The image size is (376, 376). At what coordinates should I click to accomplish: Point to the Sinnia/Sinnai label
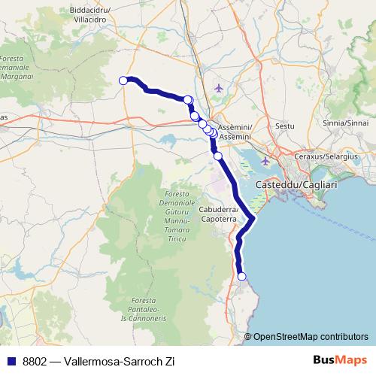pos(345,122)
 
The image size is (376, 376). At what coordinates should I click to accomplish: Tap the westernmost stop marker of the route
pos(123,80)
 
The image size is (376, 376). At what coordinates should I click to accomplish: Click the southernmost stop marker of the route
pos(241,277)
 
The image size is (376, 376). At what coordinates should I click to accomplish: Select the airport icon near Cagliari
pos(265,160)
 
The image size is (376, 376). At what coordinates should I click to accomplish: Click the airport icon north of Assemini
pos(219,89)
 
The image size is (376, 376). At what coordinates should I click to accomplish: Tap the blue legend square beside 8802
pos(11,361)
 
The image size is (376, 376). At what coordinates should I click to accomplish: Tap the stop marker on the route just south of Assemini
pos(218,156)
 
